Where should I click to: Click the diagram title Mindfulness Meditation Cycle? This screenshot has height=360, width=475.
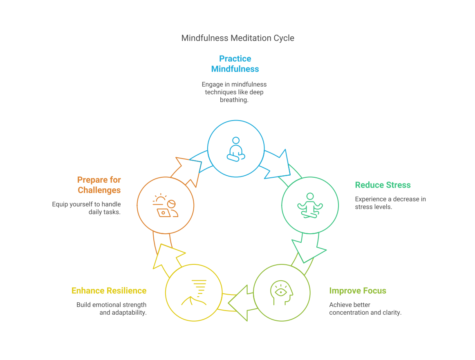point(237,38)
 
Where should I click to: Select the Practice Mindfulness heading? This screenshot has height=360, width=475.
point(235,64)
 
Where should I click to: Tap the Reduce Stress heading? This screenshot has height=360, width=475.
point(383,185)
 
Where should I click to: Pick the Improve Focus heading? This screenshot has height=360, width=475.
point(358,291)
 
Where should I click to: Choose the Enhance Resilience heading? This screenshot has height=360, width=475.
point(109,291)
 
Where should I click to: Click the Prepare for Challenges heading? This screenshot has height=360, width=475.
point(99,185)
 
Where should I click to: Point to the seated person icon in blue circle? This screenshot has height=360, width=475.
point(236,149)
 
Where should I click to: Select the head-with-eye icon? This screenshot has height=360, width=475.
point(282,293)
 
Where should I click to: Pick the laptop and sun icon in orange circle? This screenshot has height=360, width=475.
point(165,205)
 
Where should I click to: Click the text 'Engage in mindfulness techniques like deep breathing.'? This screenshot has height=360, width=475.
point(234,92)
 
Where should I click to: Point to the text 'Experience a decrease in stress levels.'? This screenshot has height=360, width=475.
point(390,203)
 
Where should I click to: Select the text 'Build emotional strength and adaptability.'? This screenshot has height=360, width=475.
point(111,309)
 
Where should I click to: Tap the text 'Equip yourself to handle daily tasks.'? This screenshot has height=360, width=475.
point(86,208)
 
